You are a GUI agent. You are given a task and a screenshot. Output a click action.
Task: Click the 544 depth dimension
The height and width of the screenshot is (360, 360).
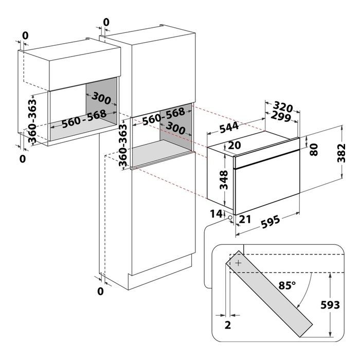click(229, 128)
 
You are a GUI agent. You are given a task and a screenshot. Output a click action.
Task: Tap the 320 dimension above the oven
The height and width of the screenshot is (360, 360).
click(283, 107)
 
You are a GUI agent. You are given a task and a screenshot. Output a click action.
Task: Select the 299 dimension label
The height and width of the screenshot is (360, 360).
click(281, 117)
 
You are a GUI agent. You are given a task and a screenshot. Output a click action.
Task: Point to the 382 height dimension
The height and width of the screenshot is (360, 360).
click(341, 153)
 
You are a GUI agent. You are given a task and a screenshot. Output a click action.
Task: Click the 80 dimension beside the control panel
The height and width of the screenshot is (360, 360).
click(314, 150)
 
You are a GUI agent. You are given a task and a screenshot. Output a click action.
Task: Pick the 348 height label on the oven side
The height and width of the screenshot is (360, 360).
click(224, 180)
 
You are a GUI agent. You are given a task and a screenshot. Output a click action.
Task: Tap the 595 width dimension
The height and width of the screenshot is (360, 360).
click(271, 222)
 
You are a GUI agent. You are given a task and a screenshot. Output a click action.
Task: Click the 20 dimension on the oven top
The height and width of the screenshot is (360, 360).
click(235, 145)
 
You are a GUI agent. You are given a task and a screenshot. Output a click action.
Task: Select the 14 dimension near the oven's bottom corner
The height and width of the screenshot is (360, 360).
click(217, 214)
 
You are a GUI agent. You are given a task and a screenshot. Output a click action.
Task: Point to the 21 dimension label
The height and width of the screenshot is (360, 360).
click(245, 219)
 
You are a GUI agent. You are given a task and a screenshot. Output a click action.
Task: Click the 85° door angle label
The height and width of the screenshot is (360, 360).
click(287, 285)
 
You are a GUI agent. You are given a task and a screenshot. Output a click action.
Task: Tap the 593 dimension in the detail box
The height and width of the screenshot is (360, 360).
click(330, 305)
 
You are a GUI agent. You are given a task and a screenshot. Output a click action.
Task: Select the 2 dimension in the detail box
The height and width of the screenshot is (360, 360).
click(227, 325)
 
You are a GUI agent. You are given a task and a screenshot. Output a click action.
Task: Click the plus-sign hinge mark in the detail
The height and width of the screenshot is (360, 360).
click(239, 263)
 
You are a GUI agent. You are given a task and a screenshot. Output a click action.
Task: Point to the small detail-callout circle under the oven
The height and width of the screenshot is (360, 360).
click(229, 218)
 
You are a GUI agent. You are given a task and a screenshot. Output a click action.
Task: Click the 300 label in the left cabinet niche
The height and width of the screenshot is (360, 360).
click(101, 99)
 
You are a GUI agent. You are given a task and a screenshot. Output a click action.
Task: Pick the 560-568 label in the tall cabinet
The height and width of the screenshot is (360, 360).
click(164, 116)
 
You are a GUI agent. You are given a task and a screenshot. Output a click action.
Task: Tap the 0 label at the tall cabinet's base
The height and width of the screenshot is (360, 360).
click(100, 291)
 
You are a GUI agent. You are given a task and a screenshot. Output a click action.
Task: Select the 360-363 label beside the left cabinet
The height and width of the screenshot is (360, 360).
click(32, 121)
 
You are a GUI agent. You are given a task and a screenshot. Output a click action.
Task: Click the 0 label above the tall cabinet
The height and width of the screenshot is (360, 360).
click(106, 22)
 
